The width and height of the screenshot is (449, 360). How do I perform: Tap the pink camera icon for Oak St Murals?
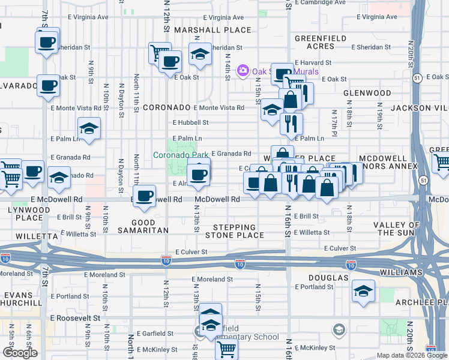click(x=243, y=71)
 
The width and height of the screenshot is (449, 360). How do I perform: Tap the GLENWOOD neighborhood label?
click(x=367, y=94)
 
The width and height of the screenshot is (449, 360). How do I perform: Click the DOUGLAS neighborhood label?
click(x=328, y=278)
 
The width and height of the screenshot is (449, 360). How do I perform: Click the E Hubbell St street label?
click(x=190, y=122)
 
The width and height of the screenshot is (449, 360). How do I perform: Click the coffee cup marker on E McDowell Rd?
click(x=143, y=196)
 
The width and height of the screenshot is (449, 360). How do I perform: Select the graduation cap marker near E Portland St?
click(x=363, y=291)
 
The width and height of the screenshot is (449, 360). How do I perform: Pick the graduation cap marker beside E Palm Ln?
click(x=89, y=128)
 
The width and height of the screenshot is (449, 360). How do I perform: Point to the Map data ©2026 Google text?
click(x=412, y=355)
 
